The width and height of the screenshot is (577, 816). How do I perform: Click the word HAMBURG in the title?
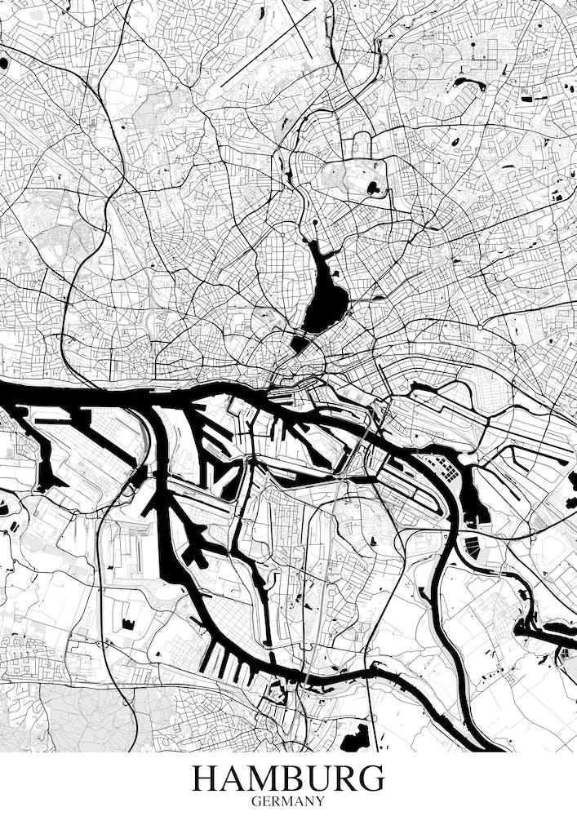click(x=288, y=778)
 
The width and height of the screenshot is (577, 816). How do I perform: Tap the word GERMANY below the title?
click(x=288, y=801)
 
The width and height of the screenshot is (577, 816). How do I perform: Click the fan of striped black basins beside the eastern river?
click(x=473, y=548)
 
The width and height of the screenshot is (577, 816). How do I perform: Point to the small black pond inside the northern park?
click(x=375, y=188)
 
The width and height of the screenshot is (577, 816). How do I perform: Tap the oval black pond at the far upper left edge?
click(x=4, y=62)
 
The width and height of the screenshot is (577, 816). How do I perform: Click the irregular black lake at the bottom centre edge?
click(x=355, y=738)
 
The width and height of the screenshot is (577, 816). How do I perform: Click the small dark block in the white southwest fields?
click(x=128, y=624)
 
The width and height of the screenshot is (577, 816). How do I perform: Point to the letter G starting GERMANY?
click(x=256, y=801)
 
